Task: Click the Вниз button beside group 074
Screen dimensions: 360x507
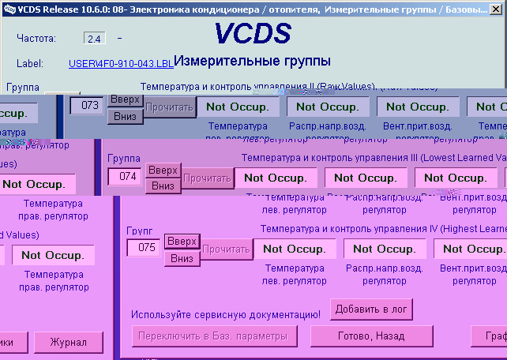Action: point(163,186)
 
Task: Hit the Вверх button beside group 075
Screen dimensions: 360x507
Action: point(182,241)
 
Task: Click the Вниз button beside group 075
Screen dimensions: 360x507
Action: point(182,258)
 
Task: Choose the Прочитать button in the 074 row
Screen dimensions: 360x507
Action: point(208,178)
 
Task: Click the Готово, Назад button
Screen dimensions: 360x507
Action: point(371,336)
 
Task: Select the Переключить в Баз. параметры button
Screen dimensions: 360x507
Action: point(214,336)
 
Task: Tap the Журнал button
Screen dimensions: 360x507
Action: point(68,343)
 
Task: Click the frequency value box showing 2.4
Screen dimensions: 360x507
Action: point(94,38)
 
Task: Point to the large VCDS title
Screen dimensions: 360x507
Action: point(253,34)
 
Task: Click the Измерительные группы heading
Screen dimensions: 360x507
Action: point(252,61)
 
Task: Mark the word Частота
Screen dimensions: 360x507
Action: point(36,38)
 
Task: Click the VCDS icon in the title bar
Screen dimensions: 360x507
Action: point(8,7)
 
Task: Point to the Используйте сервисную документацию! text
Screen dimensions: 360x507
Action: point(226,314)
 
